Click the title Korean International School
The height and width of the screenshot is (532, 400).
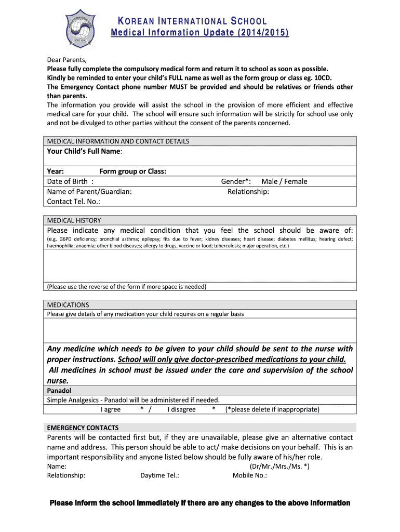tap(192, 21)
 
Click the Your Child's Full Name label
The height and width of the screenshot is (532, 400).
tap(85, 151)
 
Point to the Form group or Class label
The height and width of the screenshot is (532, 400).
tap(132, 171)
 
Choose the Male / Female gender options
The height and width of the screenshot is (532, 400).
tap(284, 181)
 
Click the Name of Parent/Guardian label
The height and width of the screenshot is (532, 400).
tap(89, 191)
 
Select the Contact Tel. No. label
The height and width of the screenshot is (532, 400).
tap(73, 202)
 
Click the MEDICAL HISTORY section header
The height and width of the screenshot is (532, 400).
tap(74, 220)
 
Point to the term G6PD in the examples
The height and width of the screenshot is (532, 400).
tap(66, 239)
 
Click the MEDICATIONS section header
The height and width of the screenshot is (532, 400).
tap(68, 305)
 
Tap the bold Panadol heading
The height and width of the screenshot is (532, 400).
tap(59, 390)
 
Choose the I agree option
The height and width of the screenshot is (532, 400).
tap(111, 409)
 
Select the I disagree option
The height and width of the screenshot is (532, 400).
tap(181, 409)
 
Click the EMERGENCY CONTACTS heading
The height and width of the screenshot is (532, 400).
tap(83, 428)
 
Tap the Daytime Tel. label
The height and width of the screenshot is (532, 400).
tap(159, 475)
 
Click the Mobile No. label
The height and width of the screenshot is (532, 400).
tap(249, 475)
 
